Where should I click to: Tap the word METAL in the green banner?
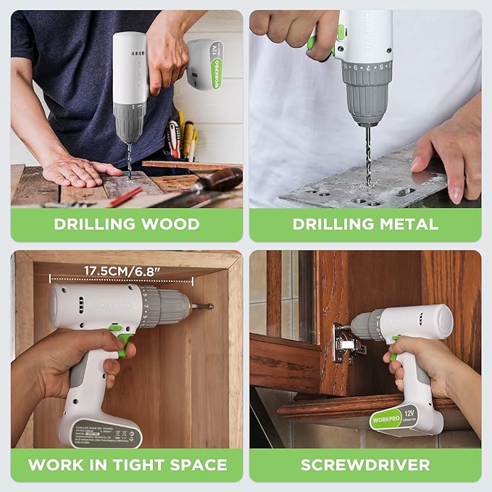coord(405,224)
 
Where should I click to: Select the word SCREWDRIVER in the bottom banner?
coord(365,464)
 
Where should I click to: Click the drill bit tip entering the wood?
coord(130,176)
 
